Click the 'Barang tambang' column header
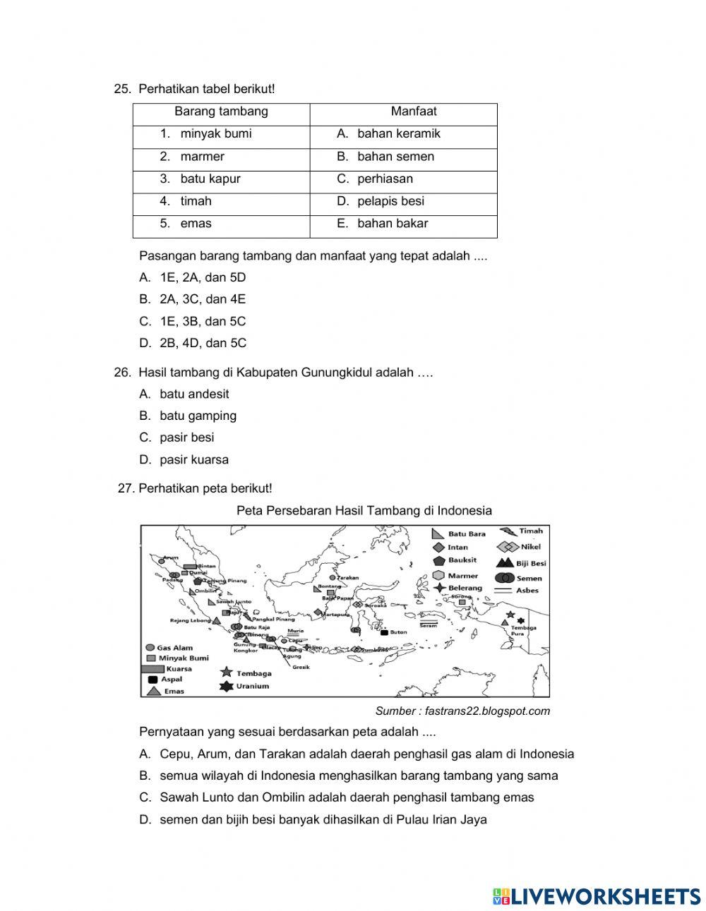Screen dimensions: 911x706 [221, 111]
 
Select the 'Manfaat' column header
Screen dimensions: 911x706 [414, 111]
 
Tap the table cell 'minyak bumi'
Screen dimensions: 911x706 [215, 134]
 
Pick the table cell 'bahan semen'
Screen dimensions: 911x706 [395, 157]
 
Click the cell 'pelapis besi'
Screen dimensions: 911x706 [390, 201]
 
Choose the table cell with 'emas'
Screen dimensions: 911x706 [196, 224]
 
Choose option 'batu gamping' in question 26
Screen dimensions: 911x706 [198, 416]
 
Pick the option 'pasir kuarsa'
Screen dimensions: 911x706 [194, 459]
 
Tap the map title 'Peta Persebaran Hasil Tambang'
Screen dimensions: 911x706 [364, 510]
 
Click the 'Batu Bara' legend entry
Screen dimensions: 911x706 [466, 534]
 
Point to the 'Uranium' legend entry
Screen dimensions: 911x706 [252, 686]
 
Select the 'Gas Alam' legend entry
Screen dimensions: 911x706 [174, 647]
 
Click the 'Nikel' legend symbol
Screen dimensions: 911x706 [508, 547]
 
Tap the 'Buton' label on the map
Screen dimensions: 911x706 [398, 632]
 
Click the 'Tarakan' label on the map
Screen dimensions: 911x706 [348, 578]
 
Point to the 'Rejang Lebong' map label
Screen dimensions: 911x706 [189, 621]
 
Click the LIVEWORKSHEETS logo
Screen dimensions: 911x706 [596, 896]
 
